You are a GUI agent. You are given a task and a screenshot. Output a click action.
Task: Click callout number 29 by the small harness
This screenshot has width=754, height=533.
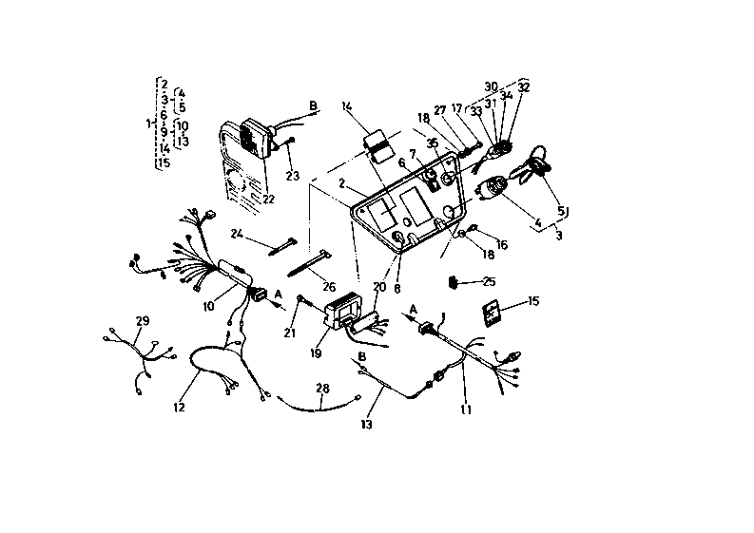pos(143,321)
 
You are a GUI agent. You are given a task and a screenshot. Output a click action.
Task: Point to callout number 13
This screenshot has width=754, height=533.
pos(366,424)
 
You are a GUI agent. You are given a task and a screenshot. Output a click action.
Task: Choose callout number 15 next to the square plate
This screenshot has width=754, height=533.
pos(532,302)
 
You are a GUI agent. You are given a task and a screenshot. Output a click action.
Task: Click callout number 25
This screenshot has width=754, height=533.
pos(490,281)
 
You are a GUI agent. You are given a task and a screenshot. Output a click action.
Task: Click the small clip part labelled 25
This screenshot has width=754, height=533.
pos(455,281)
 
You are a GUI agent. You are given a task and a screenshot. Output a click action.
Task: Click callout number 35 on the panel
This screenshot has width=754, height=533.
pos(433,143)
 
